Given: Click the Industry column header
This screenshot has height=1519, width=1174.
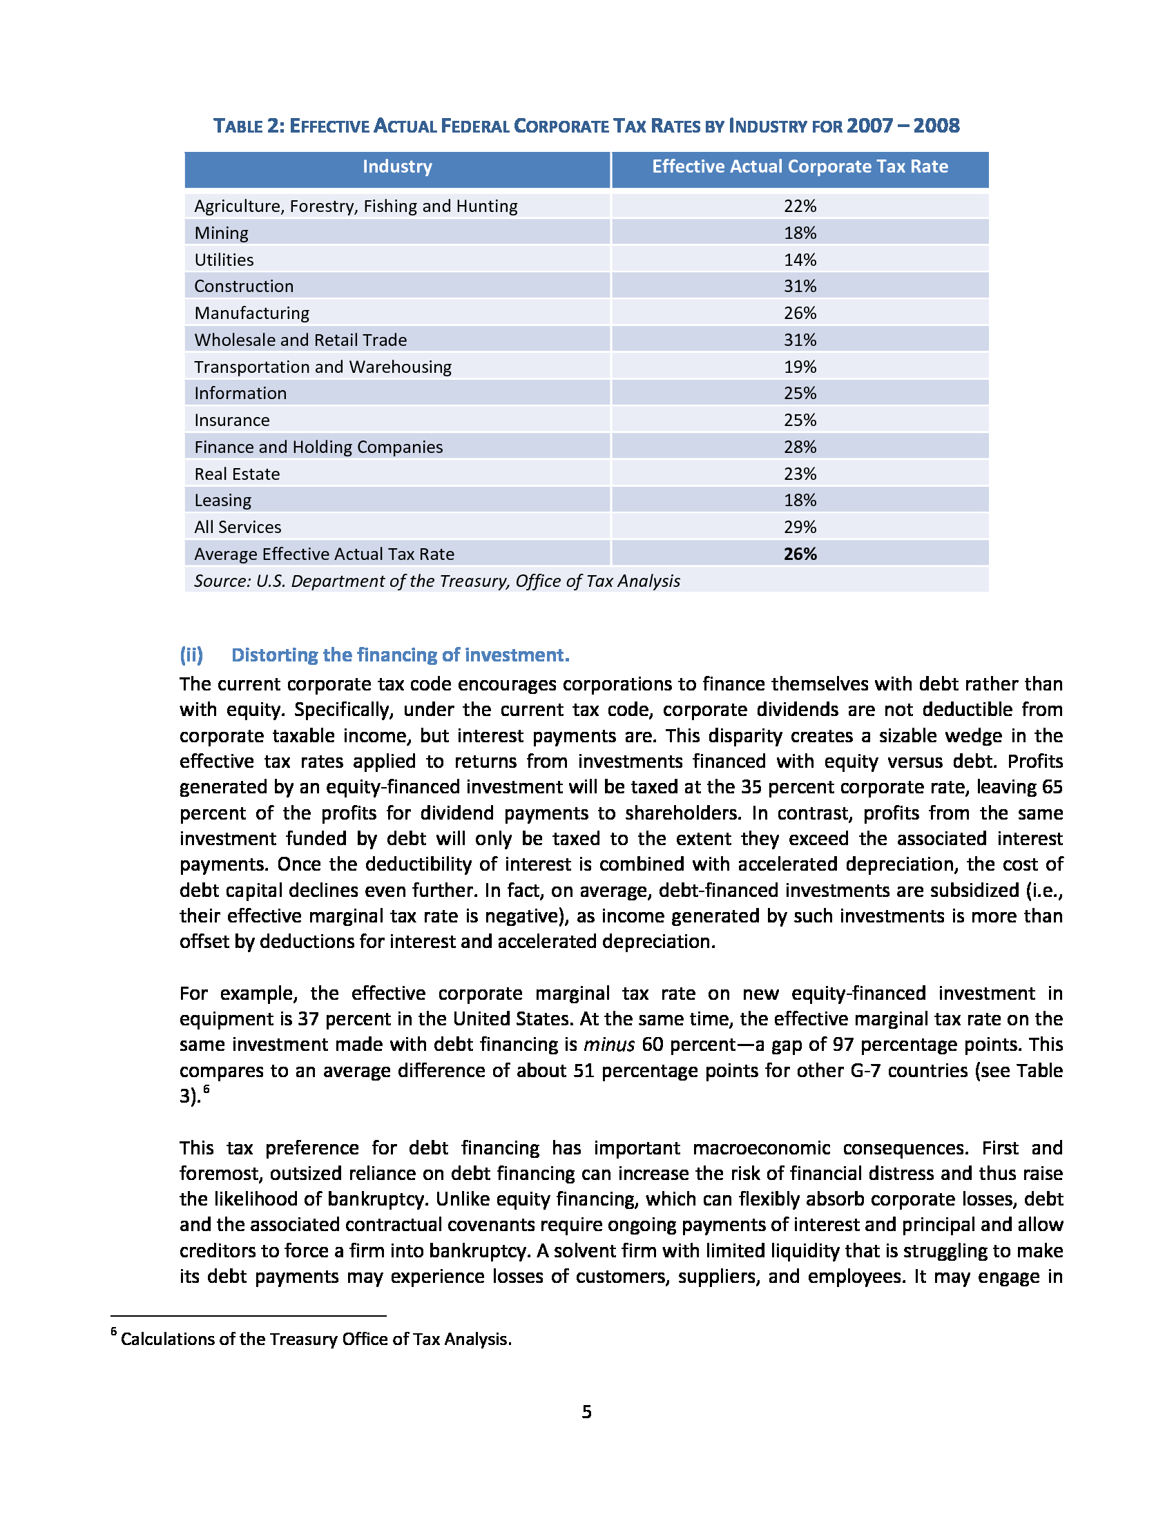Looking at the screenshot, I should (x=397, y=167).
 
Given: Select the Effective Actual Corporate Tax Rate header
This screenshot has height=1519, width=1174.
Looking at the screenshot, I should (x=800, y=167).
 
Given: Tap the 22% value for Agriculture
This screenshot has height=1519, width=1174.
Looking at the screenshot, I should (x=800, y=206).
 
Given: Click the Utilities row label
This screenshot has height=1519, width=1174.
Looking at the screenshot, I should (x=224, y=260).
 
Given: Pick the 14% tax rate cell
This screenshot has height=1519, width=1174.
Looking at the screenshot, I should (x=800, y=260).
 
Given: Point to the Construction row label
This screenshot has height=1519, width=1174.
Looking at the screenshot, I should (x=244, y=287).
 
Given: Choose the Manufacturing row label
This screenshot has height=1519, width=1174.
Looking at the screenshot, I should (x=252, y=313).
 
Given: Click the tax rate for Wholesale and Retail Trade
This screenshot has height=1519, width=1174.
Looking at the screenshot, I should (x=800, y=340).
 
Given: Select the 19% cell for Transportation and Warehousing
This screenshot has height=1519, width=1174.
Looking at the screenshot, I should (x=800, y=367).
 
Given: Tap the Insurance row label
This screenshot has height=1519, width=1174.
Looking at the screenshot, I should (x=231, y=420).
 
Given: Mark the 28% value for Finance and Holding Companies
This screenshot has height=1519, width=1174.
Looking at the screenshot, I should (x=800, y=447).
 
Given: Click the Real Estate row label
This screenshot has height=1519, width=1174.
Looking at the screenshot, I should (x=237, y=474).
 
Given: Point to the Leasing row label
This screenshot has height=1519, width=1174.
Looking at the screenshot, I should (x=222, y=501).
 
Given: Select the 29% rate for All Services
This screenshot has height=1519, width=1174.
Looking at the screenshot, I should (x=800, y=528).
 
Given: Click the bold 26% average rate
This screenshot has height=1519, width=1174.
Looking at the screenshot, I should (x=800, y=554).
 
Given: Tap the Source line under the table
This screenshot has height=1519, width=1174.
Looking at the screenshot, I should (x=436, y=581).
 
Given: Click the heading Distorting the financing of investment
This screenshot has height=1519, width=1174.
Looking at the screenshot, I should (x=400, y=655).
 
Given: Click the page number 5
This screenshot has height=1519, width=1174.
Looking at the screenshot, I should (x=586, y=1412).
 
